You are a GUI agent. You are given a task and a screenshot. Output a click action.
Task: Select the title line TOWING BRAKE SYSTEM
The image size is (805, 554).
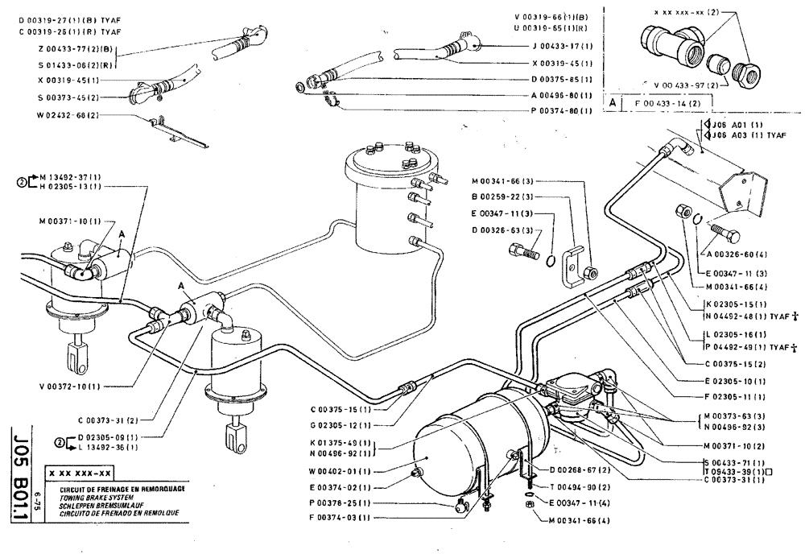pyautogui.click(x=88, y=499)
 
